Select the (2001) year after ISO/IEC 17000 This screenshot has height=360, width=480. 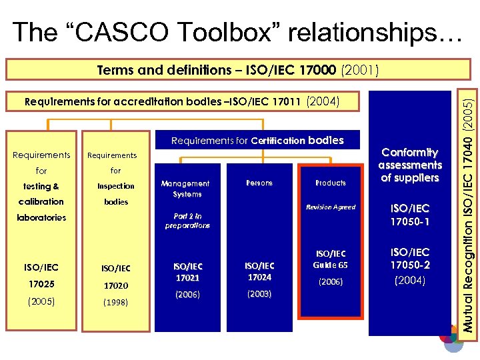click(x=359, y=69)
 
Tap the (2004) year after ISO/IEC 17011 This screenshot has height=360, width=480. click(x=323, y=102)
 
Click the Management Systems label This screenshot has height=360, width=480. click(x=186, y=189)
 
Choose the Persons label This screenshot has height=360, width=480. click(x=259, y=183)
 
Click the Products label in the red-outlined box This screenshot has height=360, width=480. click(x=331, y=183)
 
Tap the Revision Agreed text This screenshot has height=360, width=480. click(x=331, y=207)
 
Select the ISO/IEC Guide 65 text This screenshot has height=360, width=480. click(x=331, y=259)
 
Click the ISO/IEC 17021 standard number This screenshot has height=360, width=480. click(x=187, y=272)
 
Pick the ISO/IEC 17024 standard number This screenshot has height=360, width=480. click(x=259, y=271)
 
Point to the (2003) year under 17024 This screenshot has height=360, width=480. click(x=259, y=293)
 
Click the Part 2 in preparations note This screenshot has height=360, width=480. click(x=187, y=221)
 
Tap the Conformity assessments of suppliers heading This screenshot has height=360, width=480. click(x=410, y=165)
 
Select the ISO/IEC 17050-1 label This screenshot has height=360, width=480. click(x=410, y=215)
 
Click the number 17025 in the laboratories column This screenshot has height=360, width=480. click(x=41, y=284)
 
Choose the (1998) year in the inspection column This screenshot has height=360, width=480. click(x=116, y=301)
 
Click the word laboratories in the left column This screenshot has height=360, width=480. click(x=41, y=217)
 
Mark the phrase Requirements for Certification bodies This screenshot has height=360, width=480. click(x=257, y=141)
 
